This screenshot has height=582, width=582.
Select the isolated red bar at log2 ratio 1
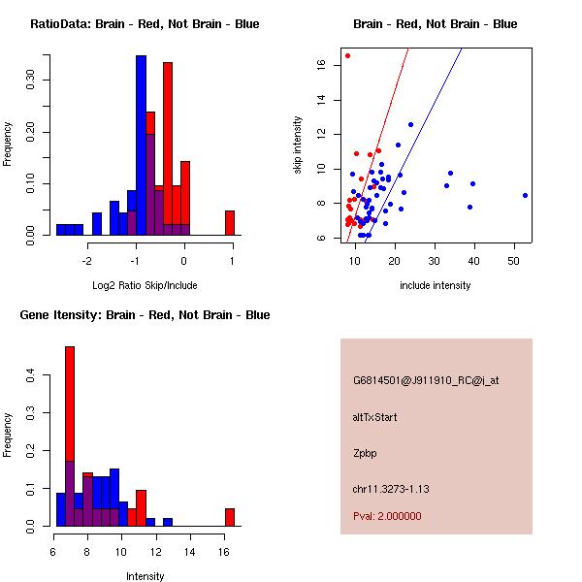tap(230, 222)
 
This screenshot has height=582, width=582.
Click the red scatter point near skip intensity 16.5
tap(347, 55)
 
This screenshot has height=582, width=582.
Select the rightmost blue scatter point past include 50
tap(525, 195)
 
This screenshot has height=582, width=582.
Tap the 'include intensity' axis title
tap(436, 285)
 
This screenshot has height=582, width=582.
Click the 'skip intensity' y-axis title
tap(298, 145)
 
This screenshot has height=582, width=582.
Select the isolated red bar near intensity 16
tap(230, 517)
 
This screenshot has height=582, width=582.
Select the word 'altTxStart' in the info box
tap(374, 417)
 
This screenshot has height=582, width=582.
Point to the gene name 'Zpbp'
tap(364, 452)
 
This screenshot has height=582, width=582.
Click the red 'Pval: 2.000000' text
tap(387, 516)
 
